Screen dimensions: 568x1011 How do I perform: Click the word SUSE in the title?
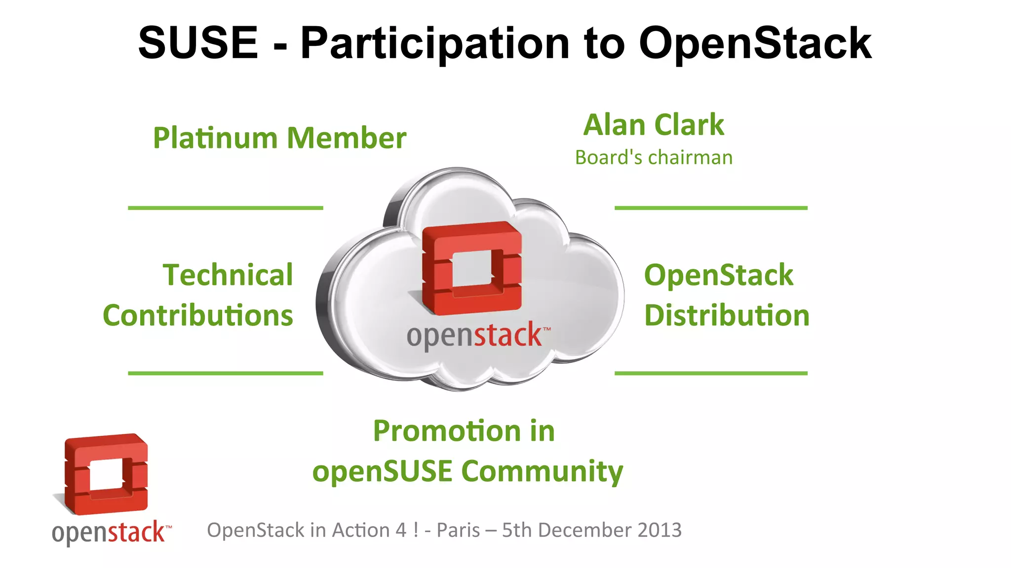tap(198, 43)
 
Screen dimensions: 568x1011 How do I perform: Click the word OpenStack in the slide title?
tap(755, 43)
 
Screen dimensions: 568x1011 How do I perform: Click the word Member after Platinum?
tap(347, 138)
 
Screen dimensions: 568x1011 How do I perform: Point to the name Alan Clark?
tap(654, 125)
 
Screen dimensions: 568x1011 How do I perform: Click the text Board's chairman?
tap(654, 158)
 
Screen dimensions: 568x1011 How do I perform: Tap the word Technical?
tap(228, 275)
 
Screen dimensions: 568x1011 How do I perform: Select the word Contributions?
tap(198, 316)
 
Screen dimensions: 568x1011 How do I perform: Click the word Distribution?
tap(727, 316)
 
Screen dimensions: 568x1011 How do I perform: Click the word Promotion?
tap(447, 431)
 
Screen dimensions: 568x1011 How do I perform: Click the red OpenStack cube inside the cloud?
tap(472, 267)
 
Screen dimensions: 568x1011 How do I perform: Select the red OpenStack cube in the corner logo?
tap(106, 473)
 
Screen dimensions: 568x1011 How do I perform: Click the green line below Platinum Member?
tap(226, 208)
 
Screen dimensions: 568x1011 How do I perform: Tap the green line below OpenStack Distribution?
tap(711, 373)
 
